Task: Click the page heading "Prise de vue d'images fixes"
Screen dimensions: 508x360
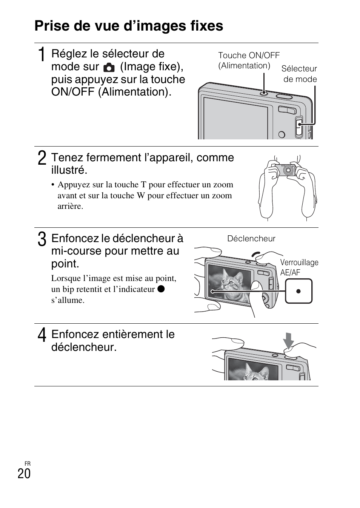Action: pos(129,26)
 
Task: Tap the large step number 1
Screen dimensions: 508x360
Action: pos(42,54)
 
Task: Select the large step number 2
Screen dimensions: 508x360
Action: pos(42,158)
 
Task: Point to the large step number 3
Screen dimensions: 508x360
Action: pos(42,239)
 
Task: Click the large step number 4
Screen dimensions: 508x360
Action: pos(42,335)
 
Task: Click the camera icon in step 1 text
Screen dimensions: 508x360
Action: pos(109,68)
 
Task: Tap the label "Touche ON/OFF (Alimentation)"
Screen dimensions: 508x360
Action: pos(248,60)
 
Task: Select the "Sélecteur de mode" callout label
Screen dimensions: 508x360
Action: pos(299,74)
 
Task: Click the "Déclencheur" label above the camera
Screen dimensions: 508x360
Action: pos(251,239)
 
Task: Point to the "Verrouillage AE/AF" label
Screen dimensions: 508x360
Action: pos(299,267)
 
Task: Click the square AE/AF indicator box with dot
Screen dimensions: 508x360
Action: pos(298,291)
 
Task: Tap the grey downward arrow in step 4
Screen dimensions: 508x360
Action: pos(288,340)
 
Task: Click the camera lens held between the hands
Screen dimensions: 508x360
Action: pos(289,170)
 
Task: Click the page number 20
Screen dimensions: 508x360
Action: pos(24,474)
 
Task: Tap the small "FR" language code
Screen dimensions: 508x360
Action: pos(27,463)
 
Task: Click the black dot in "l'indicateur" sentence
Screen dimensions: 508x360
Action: pos(161,289)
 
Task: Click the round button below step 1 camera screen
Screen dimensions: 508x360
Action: pos(282,134)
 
